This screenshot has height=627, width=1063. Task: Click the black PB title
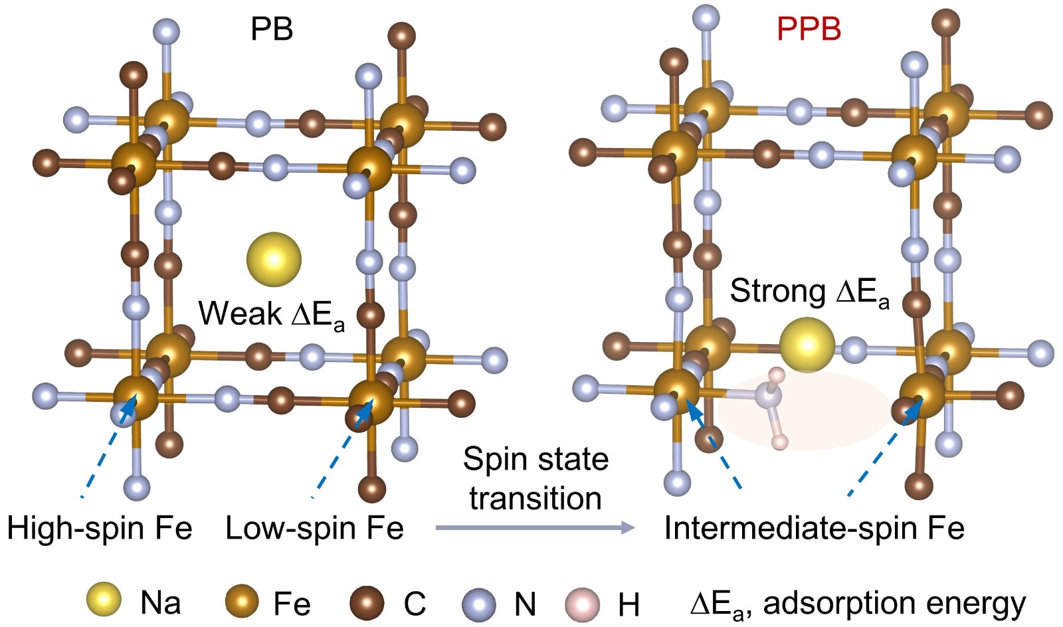coord(272,29)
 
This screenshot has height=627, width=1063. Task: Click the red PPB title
coord(809,29)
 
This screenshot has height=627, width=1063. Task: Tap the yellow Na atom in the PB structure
coord(274,260)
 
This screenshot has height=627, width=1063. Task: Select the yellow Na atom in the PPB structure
coord(807,345)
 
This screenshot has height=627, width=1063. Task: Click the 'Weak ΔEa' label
coord(272,314)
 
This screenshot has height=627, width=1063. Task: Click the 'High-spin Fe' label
coord(100,529)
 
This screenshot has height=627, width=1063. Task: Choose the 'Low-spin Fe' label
coord(314,529)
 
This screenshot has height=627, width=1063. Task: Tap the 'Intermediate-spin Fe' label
coord(815,529)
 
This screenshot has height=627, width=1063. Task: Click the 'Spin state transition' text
coord(535,479)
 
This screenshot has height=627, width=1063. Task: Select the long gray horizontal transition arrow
coord(535,527)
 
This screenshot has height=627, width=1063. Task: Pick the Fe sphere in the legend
coord(242,601)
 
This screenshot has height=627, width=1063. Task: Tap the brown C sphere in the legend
coord(367,603)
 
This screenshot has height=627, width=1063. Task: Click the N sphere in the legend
coord(479,604)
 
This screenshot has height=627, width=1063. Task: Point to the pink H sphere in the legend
coord(582,604)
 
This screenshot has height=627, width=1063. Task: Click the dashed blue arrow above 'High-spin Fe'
coord(109,446)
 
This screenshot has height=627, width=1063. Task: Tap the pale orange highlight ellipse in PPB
coord(805,410)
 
